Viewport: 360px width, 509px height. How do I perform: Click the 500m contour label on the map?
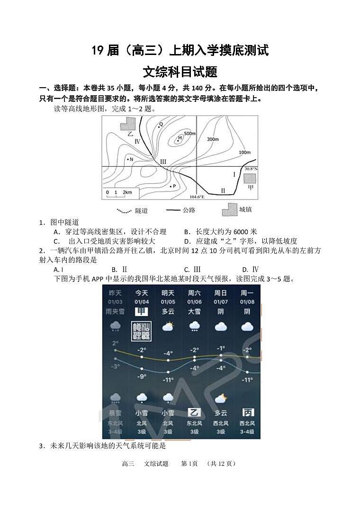tap(189, 134)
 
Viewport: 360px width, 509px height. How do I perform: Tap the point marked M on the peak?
tap(179, 139)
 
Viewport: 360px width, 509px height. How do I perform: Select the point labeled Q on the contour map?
tap(161, 124)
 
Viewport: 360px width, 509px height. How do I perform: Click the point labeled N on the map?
tap(128, 159)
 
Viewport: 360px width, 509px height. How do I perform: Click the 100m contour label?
tap(244, 152)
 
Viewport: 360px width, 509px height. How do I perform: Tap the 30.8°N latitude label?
tap(251, 169)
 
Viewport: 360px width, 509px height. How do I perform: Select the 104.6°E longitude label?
tap(197, 197)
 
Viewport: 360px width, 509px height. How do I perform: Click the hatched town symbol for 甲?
tap(250, 178)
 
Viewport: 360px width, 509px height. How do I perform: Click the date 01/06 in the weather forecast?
tap(194, 302)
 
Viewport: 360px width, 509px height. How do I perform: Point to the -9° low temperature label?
tap(142, 376)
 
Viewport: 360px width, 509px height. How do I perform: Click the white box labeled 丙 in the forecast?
tap(247, 412)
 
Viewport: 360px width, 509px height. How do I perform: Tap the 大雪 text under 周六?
tap(194, 311)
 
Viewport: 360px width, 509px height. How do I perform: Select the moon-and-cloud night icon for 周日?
tap(221, 398)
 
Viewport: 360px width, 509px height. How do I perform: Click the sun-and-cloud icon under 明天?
tap(168, 327)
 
